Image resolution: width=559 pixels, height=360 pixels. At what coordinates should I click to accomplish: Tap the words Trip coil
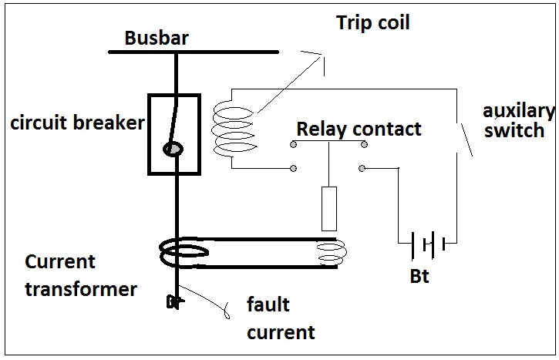point(372,22)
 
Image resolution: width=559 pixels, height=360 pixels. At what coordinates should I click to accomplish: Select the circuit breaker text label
point(77,122)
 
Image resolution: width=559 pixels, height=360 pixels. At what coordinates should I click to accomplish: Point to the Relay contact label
point(359,128)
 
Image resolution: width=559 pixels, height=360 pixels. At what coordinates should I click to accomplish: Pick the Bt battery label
point(420,273)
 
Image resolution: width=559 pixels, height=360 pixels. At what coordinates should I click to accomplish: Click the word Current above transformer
point(60,261)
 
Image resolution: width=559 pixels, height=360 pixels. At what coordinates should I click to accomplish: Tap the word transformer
point(81,289)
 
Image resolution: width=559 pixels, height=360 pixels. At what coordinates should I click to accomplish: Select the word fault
point(268,304)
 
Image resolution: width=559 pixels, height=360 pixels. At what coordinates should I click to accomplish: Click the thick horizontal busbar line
point(193,52)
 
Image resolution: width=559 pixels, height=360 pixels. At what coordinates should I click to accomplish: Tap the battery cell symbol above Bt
point(426,244)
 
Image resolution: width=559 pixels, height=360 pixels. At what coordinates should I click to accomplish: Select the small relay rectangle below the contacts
point(329,208)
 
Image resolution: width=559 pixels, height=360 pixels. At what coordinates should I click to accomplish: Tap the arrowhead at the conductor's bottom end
point(173,302)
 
